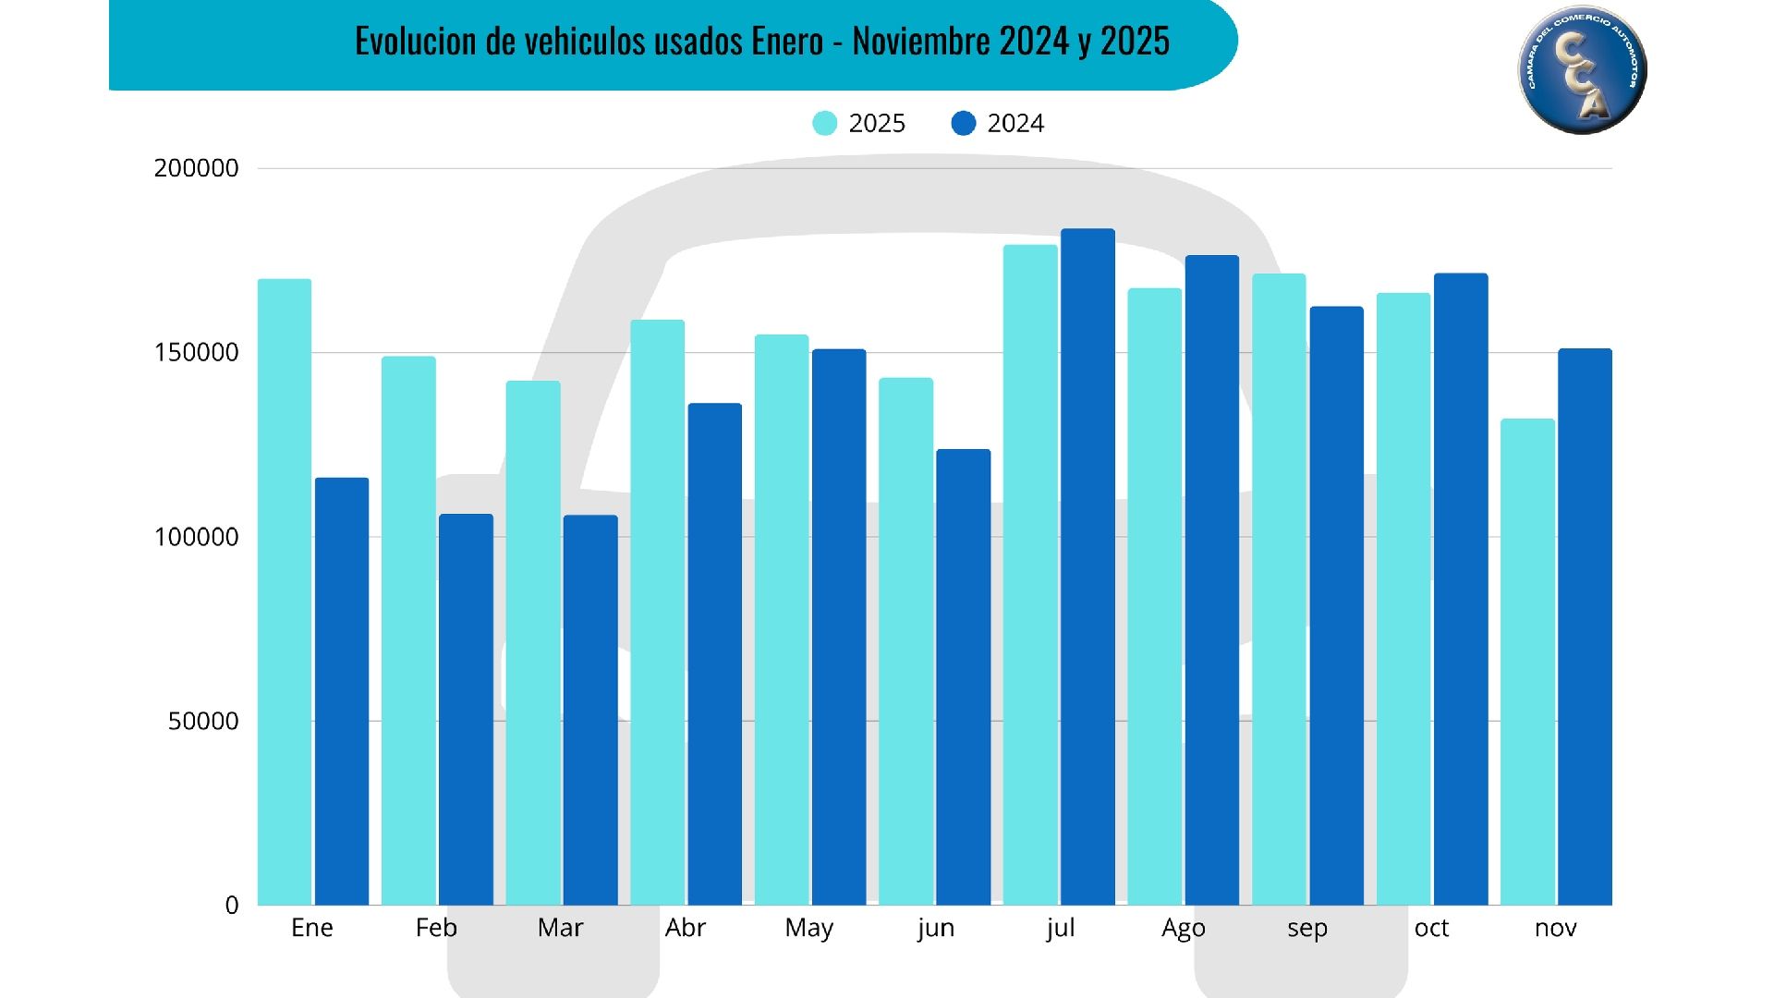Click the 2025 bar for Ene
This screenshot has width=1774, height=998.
tap(285, 591)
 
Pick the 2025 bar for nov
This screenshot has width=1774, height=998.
tap(1527, 662)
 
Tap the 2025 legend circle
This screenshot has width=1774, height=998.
tap(824, 123)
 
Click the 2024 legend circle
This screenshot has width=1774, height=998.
tap(963, 123)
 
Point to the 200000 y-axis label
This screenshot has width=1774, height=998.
tap(196, 168)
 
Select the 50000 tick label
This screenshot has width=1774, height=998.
tap(203, 721)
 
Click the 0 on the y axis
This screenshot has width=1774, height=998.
tap(232, 906)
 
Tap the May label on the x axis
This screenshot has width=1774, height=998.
tap(808, 928)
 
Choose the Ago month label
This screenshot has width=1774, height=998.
tap(1183, 928)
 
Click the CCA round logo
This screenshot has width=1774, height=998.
tap(1582, 70)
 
